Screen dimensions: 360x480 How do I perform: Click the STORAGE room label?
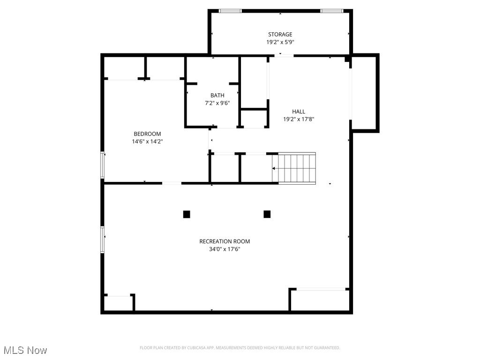[x=280, y=34]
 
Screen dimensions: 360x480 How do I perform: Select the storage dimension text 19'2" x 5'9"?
[x=280, y=42]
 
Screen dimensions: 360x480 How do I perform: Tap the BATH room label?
[x=217, y=95]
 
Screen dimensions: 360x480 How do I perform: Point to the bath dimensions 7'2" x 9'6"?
[x=217, y=103]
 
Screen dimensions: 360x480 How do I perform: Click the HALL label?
[x=299, y=112]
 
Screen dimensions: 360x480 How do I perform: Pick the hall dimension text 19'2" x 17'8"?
[x=299, y=119]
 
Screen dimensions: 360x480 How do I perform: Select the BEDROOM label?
[x=147, y=134]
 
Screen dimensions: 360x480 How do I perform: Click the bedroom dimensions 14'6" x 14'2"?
[x=147, y=141]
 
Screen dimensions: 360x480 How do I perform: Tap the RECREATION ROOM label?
[x=225, y=241]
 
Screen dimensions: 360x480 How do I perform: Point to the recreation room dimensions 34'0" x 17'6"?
[x=225, y=249]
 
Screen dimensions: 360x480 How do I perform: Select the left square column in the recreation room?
[x=187, y=214]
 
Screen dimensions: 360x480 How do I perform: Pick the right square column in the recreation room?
[x=267, y=214]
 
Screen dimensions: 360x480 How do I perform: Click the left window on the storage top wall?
[x=231, y=11]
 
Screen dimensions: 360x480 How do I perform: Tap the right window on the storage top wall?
[x=331, y=11]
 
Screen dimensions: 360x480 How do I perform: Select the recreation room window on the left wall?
[x=103, y=240]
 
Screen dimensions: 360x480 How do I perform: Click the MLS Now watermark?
[x=25, y=350]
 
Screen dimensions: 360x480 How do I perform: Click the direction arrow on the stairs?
[x=274, y=168]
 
